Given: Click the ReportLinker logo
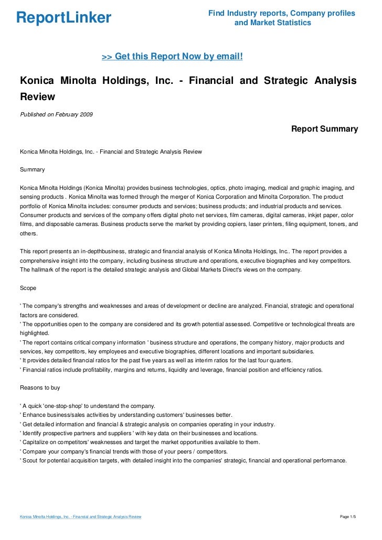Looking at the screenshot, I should pyautogui.click(x=63, y=18).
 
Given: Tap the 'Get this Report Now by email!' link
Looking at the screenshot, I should pyautogui.click(x=172, y=56).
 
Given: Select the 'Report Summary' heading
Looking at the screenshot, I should pyautogui.click(x=324, y=129).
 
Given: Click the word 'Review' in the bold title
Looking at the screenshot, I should pyautogui.click(x=37, y=97).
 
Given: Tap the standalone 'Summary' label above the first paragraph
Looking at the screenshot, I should pyautogui.click(x=32, y=169).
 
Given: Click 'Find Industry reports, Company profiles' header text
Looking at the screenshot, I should pyautogui.click(x=282, y=13).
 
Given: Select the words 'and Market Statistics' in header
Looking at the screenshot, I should pyautogui.click(x=272, y=23).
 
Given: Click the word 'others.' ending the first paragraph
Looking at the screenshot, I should pyautogui.click(x=29, y=233).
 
